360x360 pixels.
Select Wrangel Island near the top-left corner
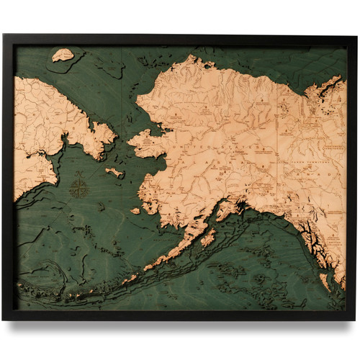63,54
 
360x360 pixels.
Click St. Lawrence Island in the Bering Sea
114,172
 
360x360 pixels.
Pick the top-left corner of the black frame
4,35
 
